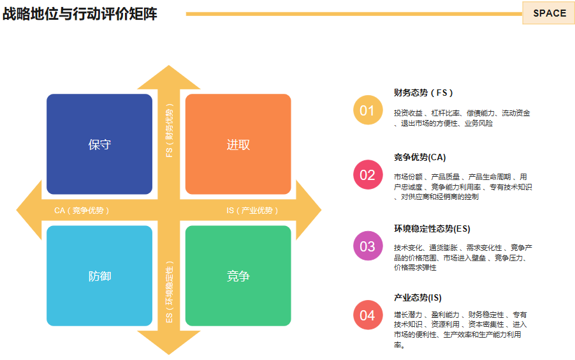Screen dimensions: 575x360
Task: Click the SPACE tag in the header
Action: tap(549, 13)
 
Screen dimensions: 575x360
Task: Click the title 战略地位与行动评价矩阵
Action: tap(80, 14)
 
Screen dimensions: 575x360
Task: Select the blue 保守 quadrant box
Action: tap(99, 144)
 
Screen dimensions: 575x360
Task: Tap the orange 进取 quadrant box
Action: tap(238, 144)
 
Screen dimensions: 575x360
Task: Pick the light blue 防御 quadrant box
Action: tap(99, 276)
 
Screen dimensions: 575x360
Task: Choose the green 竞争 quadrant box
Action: tap(238, 276)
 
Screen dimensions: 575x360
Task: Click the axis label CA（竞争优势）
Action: tap(82, 210)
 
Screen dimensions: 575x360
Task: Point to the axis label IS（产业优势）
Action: tap(252, 210)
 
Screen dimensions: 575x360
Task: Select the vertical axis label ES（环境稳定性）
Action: tap(169, 290)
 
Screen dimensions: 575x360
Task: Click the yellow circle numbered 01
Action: tap(367, 110)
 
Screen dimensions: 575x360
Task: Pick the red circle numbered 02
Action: tap(367, 175)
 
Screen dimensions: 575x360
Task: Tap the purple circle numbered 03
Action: tap(367, 246)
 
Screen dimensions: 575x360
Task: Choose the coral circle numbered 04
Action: tap(367, 315)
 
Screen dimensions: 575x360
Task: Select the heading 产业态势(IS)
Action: tap(418, 297)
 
